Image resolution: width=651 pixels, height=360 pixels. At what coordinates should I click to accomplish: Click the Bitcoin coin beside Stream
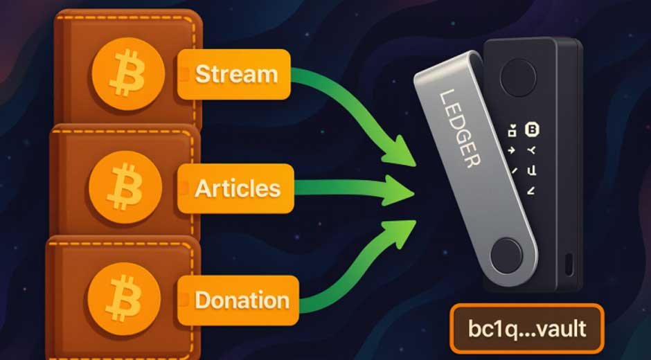tap(129, 71)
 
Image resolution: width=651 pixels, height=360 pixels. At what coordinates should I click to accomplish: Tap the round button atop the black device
tap(513, 71)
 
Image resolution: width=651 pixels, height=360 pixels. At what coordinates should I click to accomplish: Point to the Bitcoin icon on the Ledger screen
tap(532, 128)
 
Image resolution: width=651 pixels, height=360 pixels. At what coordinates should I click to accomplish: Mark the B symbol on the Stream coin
tap(129, 71)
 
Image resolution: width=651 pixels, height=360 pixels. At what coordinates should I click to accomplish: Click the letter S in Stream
tap(202, 74)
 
